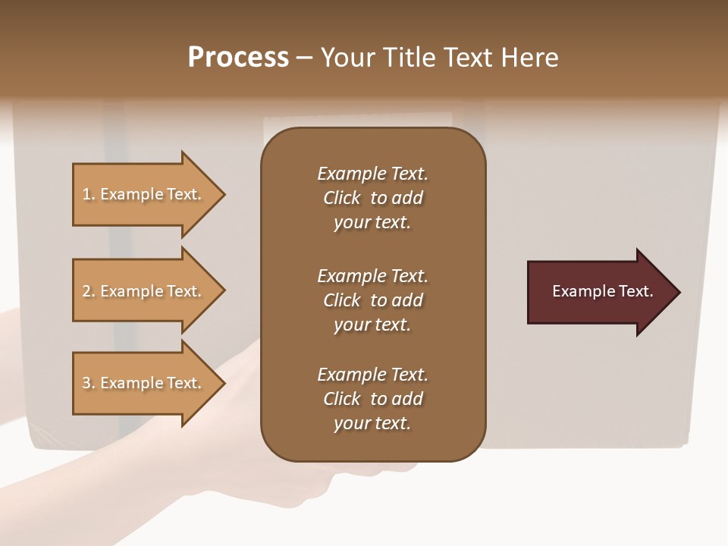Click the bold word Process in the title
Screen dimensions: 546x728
coord(238,58)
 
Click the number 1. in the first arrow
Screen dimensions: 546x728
coord(89,194)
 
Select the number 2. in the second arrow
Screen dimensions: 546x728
coord(89,291)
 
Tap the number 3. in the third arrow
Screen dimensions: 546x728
coord(89,383)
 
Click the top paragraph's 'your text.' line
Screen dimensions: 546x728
coord(372,223)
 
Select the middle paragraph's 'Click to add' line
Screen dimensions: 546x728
coord(372,300)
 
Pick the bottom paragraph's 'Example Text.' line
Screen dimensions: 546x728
coord(372,375)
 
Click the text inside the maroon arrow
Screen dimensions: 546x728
coord(602,291)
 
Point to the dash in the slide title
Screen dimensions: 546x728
coord(304,58)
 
